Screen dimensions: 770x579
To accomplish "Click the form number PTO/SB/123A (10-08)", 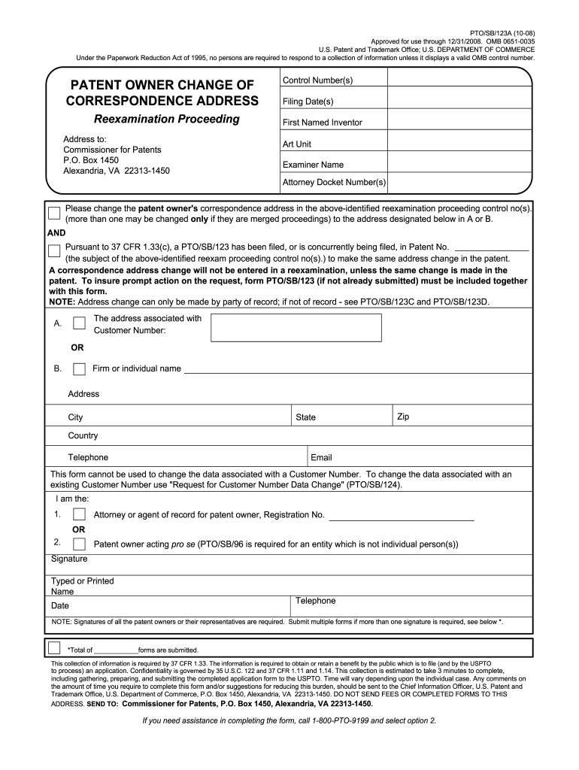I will pos(502,34).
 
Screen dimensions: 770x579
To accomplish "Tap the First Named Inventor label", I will pos(322,123).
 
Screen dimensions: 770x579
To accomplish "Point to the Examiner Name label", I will pos(313,165).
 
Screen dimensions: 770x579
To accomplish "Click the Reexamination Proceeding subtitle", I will pos(166,120).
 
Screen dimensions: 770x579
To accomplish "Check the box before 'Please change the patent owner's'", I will pos(55,213).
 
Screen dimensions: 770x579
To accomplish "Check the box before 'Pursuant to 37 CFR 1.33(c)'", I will pos(55,251).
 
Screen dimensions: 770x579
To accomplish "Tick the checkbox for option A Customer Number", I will pos(79,323).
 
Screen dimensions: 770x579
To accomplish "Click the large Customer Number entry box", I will pos(296,328).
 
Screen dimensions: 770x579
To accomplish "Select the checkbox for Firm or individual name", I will pos(79,368).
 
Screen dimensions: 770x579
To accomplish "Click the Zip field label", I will pos(403,417).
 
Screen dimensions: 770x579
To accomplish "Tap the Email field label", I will pos(321,457).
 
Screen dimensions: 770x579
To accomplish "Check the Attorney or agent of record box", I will pos(79,515).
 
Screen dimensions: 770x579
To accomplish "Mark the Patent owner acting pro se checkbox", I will pos(79,544).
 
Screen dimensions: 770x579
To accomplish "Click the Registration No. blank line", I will pos(402,515).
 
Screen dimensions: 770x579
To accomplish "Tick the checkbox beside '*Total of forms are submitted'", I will pos(54,648).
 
